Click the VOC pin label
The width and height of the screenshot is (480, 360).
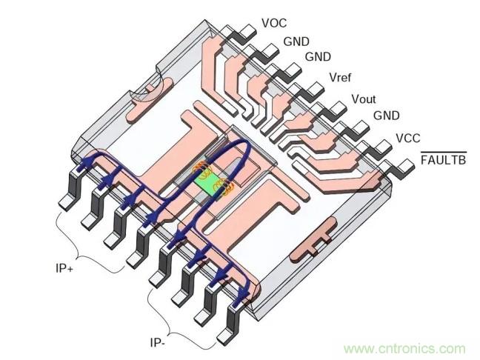(274, 23)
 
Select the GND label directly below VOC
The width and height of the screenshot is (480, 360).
(296, 42)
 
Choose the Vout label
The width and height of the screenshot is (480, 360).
(364, 99)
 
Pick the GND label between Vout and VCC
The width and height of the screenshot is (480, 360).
(386, 116)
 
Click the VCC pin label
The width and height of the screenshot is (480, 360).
(408, 138)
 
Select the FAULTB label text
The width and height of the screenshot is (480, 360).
(443, 159)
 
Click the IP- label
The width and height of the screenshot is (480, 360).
(159, 343)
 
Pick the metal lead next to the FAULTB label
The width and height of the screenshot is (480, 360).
(404, 165)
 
